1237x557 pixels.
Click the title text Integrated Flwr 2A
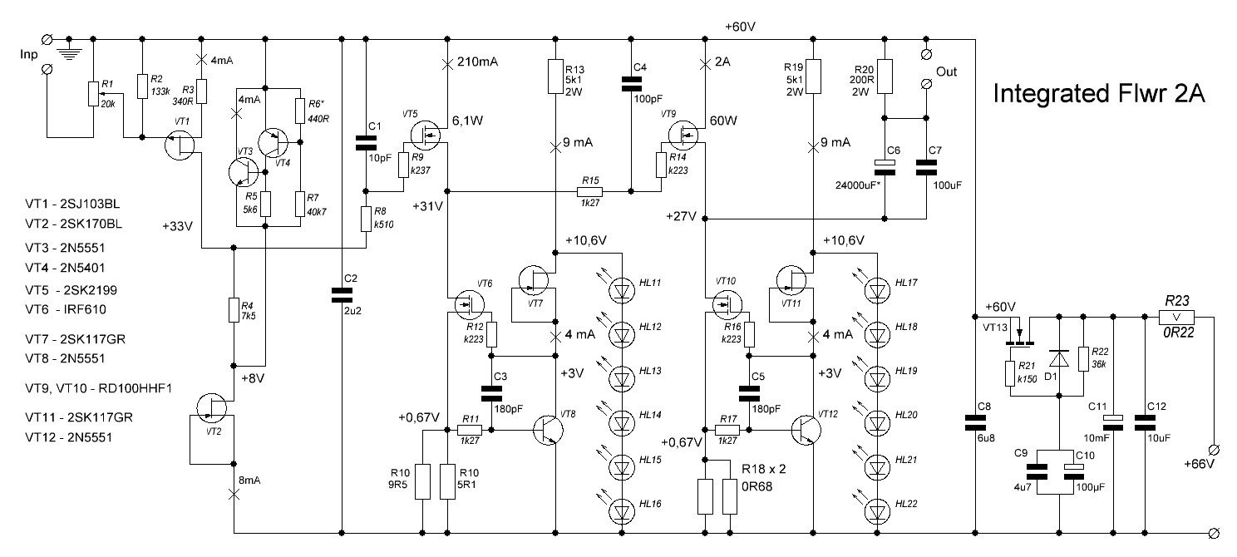coord(1100,96)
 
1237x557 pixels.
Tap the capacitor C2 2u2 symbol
coord(343,293)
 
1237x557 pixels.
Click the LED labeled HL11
coord(621,288)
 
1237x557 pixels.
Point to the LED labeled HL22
coord(875,506)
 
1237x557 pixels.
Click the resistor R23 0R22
coord(1175,317)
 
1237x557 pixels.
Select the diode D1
coord(1058,358)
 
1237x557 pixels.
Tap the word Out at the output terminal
coord(947,71)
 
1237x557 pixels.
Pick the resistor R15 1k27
coord(591,193)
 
